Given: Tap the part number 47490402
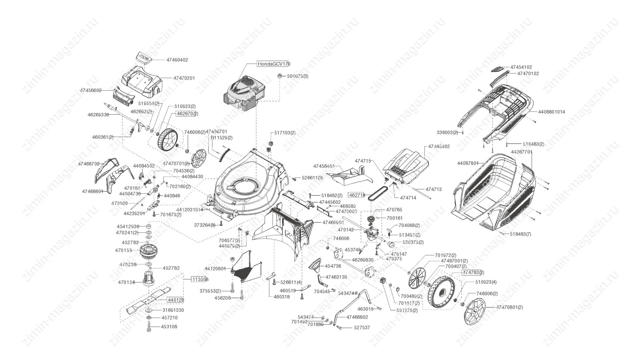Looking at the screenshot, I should click(x=177, y=60).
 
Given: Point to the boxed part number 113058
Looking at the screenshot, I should click(x=200, y=279).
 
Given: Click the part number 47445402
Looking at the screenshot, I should click(x=439, y=146).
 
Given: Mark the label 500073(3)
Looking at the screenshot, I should click(x=298, y=76).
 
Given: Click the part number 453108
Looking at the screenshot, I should click(x=169, y=327).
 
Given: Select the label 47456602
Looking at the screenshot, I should click(x=91, y=90).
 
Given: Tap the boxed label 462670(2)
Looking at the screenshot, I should click(x=187, y=114).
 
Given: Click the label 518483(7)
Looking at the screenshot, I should click(x=520, y=234).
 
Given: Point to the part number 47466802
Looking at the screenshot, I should click(x=357, y=317).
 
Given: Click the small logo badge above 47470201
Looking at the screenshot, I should click(x=144, y=57).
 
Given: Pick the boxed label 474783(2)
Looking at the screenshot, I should click(x=473, y=272).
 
